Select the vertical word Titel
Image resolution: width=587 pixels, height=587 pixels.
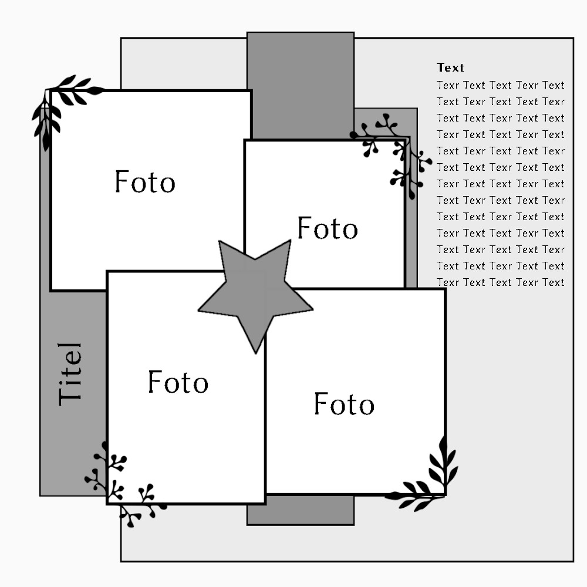point(70,374)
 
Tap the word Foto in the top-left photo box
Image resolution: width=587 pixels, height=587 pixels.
point(144,181)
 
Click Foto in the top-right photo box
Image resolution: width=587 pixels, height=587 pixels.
point(327,228)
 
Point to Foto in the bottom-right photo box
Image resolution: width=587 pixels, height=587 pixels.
point(344,404)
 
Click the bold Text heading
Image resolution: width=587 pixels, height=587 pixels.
point(450,68)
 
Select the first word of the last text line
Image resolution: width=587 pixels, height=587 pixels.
point(448,282)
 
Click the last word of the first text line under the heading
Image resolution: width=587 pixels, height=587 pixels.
point(553,85)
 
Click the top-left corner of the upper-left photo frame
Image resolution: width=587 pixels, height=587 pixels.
point(51,91)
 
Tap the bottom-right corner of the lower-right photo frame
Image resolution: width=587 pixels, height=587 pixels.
point(444,494)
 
